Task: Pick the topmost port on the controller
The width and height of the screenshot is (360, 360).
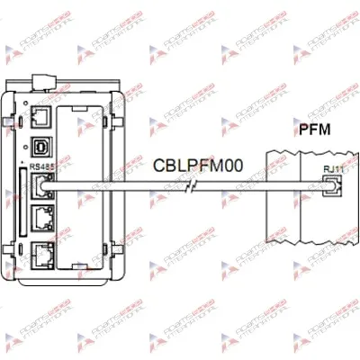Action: point(41,117)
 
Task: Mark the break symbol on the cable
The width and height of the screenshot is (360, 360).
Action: point(186,190)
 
